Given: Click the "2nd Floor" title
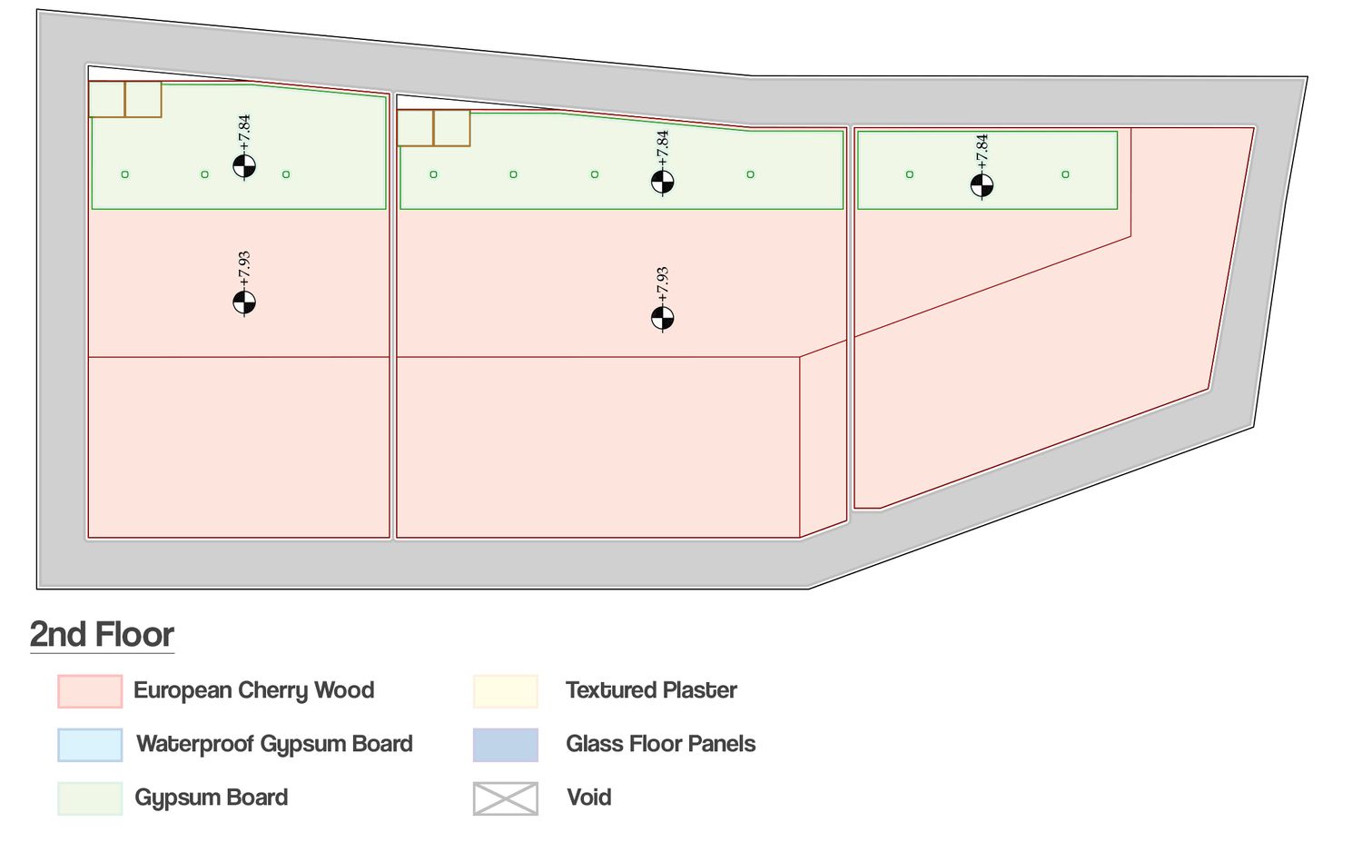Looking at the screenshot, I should coord(102,634).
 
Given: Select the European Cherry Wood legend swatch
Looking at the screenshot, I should coord(90,691).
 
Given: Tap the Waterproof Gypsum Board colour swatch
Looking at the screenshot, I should coord(90,745).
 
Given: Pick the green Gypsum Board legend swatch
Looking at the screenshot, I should coord(90,798).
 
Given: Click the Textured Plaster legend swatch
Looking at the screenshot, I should coord(506,691).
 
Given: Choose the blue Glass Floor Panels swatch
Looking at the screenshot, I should coord(506,745).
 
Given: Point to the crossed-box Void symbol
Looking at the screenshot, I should coord(506,798).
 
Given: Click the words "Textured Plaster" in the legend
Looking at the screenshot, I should coord(651,690).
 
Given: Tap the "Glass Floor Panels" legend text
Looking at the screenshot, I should coord(660,744).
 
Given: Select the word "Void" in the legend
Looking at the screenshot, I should coord(588,798).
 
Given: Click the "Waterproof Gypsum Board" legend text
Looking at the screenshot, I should coord(274,744).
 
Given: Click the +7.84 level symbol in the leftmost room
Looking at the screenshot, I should coord(244,166).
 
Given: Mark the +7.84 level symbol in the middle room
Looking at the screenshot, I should coord(663,182).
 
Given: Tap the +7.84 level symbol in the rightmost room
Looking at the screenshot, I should coord(982,185).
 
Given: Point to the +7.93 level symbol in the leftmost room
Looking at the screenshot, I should coord(244,302).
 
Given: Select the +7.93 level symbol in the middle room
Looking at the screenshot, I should coord(663,318).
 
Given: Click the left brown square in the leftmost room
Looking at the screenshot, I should coord(107,99).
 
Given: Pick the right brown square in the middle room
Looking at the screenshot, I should coord(452,128).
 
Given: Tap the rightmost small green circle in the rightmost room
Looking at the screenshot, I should coord(1065,174).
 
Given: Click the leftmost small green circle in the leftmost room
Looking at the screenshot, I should coord(125,174).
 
